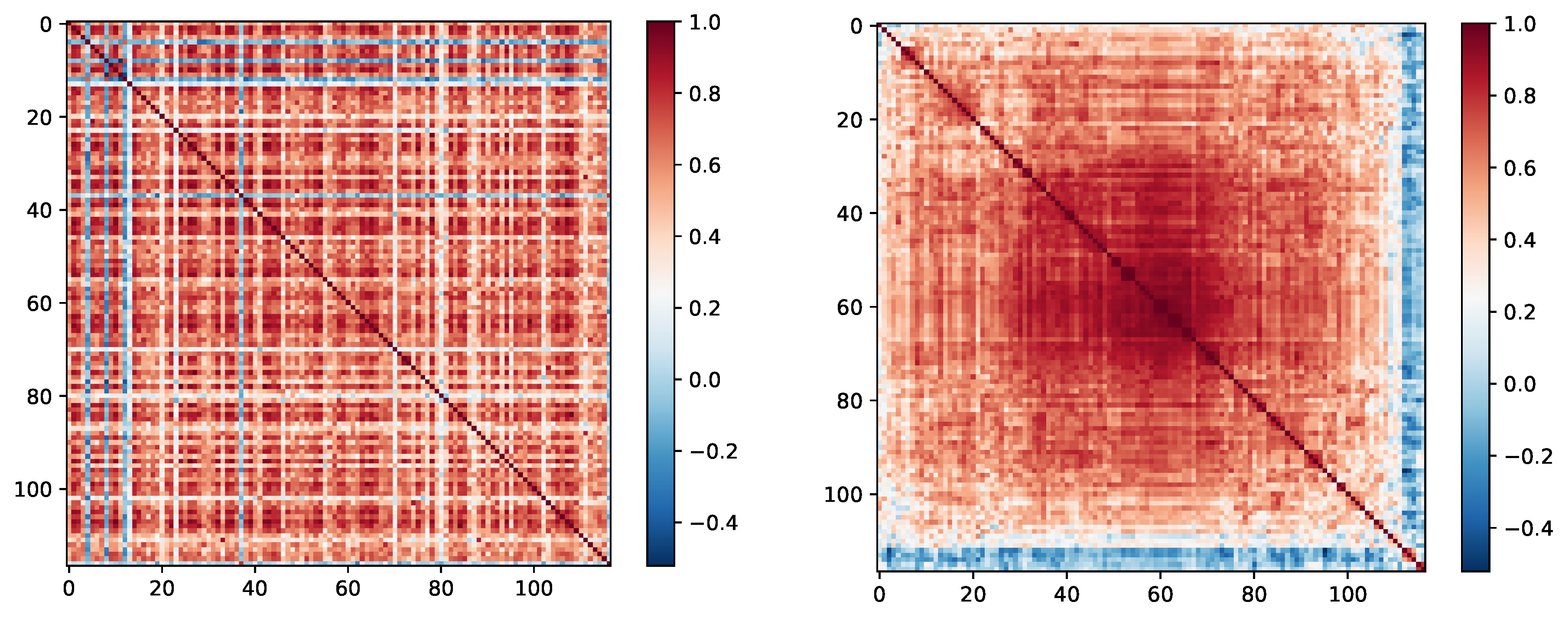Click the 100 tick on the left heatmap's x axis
pyautogui.click(x=534, y=588)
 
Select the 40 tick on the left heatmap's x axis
pyautogui.click(x=255, y=588)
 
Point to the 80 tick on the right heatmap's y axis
pyautogui.click(x=849, y=401)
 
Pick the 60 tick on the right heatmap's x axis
pyautogui.click(x=1160, y=594)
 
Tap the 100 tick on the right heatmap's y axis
pyautogui.click(x=842, y=495)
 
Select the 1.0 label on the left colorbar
pyautogui.click(x=705, y=23)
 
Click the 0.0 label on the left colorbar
pyautogui.click(x=705, y=380)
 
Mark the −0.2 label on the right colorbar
pyautogui.click(x=1528, y=456)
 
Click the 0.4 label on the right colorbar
pyautogui.click(x=1520, y=240)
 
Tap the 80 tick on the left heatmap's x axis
pyautogui.click(x=441, y=588)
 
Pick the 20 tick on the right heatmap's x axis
pyautogui.click(x=973, y=594)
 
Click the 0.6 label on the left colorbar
pyautogui.click(x=705, y=166)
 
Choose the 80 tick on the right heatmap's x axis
pyautogui.click(x=1253, y=594)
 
